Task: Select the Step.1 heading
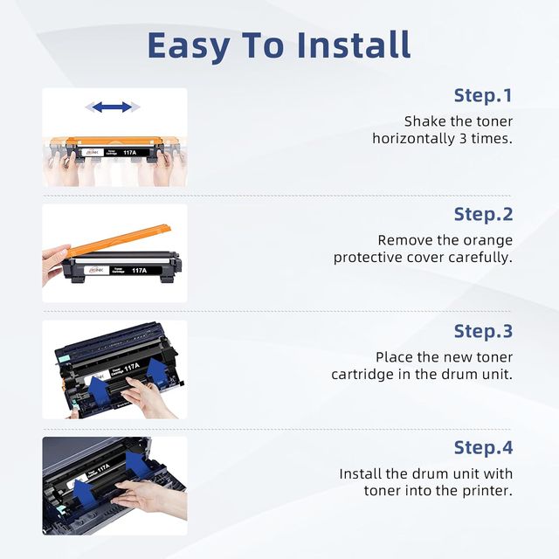[483, 96]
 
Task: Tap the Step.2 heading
[483, 215]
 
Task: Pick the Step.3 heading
[483, 332]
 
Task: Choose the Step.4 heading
[483, 448]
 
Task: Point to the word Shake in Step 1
[425, 121]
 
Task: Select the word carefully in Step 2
[480, 258]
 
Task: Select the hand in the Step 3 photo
[146, 397]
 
